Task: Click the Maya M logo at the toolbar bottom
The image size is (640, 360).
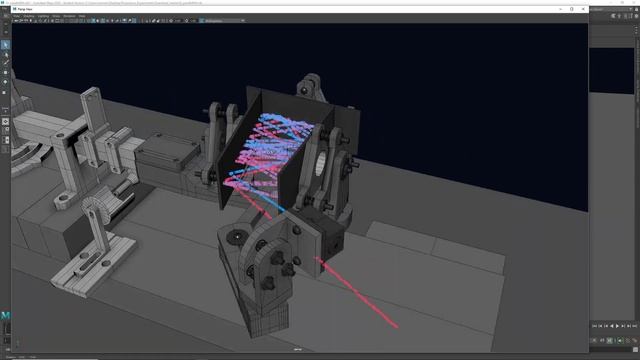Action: coord(5,316)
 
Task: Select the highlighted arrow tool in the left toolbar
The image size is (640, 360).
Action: coord(5,45)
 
